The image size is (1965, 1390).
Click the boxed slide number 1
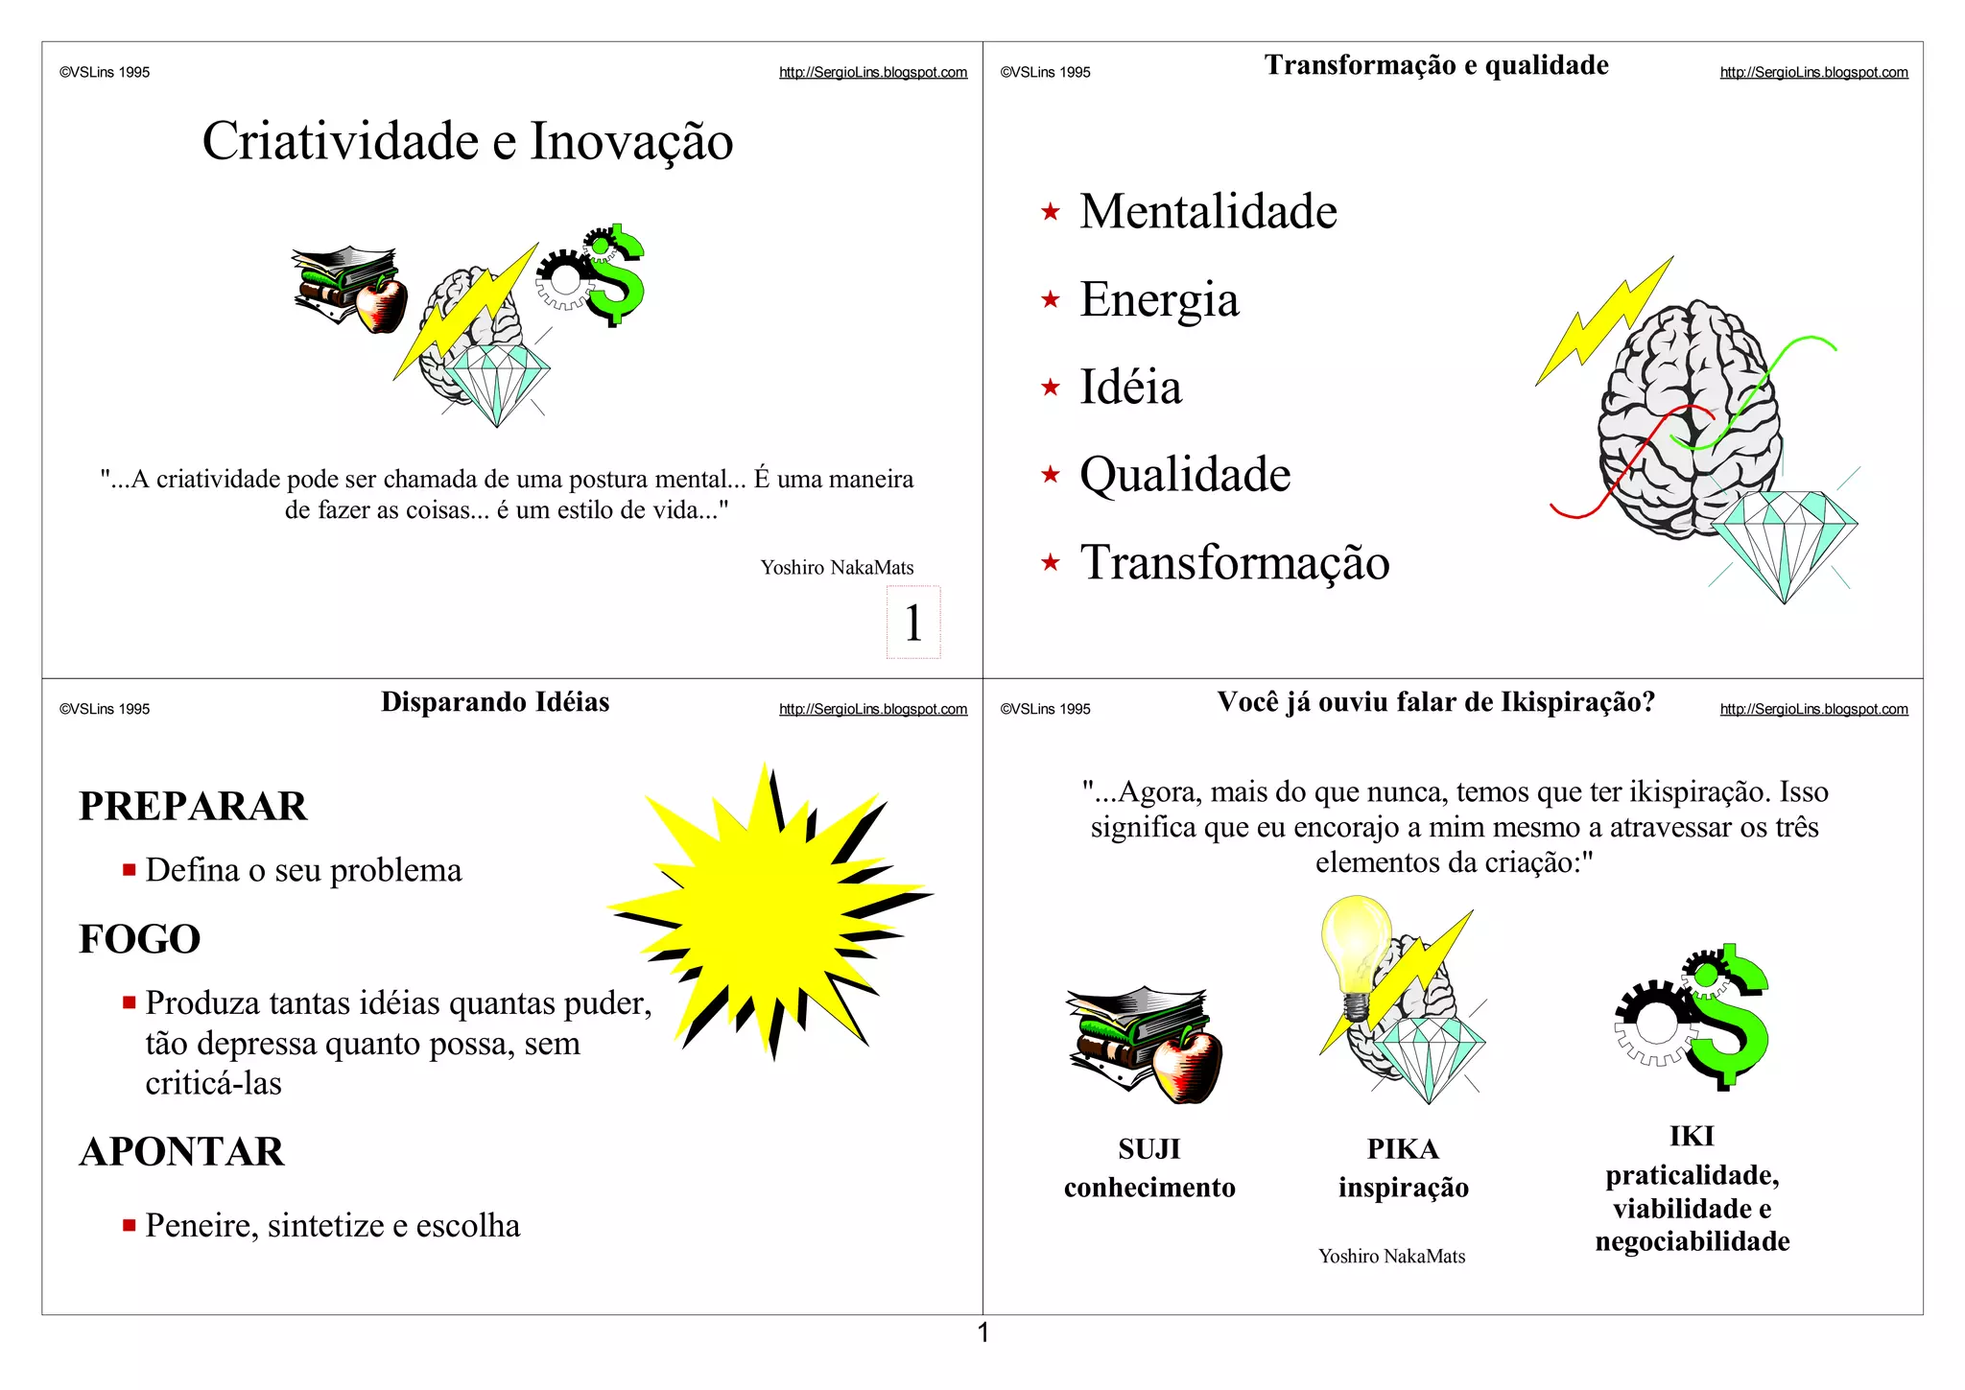coord(913,623)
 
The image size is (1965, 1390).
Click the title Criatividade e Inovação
coord(467,141)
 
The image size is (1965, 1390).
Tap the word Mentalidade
coord(1208,211)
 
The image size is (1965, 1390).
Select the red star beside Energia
coord(1051,299)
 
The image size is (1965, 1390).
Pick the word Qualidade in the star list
coord(1185,475)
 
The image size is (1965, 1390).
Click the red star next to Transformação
coord(1051,562)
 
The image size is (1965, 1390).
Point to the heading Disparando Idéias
coord(495,702)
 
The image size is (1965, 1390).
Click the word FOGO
coord(140,939)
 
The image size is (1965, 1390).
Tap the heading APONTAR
coord(182,1151)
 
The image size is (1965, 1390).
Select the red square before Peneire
coord(129,1225)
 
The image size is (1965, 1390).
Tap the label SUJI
coord(1148,1148)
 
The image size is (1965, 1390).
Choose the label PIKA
coord(1403,1148)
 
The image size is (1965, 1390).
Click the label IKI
coord(1692,1136)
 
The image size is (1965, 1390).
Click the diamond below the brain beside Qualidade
coord(1784,542)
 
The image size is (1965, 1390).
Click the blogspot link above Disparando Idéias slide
coord(873,709)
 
